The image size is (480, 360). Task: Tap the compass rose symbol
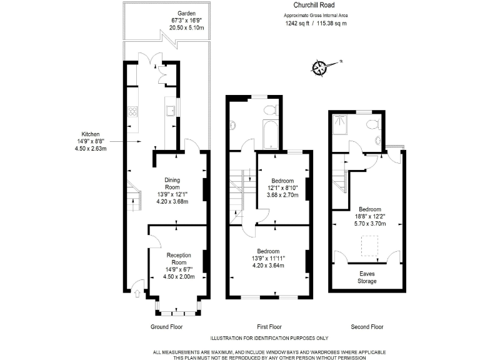click(321, 66)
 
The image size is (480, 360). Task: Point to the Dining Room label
click(172, 183)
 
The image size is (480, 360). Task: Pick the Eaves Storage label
click(367, 277)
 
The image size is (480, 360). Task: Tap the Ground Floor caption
click(167, 327)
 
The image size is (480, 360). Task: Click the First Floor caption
click(269, 327)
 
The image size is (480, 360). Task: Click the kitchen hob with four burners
click(132, 112)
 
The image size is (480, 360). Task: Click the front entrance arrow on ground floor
click(137, 289)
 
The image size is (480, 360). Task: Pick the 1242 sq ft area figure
click(297, 23)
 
